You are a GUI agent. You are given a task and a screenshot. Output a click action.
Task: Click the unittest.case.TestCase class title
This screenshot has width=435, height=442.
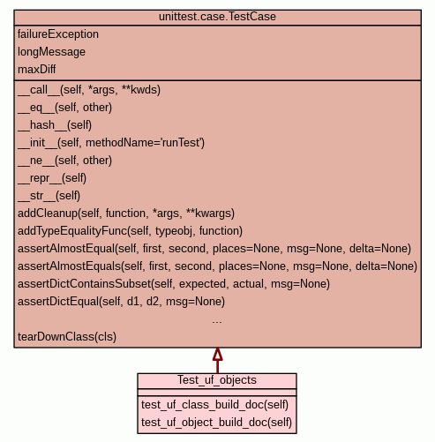coord(217,17)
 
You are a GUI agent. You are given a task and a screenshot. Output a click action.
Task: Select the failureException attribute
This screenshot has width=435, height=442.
coord(58,34)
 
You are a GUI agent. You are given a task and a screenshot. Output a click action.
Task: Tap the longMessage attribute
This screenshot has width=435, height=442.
coord(51,52)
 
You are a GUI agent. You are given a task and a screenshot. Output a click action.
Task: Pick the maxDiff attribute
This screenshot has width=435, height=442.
coord(37,70)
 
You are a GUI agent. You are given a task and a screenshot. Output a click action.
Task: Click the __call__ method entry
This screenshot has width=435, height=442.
coord(89,90)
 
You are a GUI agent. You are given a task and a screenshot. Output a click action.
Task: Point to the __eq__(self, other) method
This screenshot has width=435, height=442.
coord(64,108)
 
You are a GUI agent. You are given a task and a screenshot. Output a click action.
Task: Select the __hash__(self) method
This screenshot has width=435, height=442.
coord(55,125)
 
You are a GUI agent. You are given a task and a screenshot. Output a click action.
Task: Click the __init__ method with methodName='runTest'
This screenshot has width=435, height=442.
coord(111,143)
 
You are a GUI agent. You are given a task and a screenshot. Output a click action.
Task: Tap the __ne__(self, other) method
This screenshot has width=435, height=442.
coord(64,161)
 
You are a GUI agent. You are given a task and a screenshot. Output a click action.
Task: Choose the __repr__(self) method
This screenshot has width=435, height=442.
coord(52,178)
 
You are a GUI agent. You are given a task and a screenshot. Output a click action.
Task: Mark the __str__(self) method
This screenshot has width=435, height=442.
coord(49,196)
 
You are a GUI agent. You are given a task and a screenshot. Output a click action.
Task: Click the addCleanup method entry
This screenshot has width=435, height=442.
coord(126,214)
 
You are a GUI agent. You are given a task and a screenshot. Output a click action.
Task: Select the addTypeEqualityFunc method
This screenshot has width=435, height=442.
coord(130,231)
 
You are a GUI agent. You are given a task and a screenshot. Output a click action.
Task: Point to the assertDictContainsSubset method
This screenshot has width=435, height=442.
coord(174,284)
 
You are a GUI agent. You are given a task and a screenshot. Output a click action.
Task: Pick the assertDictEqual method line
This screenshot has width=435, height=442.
coord(121,302)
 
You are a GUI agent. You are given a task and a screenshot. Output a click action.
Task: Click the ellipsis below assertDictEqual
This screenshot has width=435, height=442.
coord(217,322)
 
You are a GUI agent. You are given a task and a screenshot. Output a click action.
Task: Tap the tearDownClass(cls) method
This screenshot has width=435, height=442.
coord(67,337)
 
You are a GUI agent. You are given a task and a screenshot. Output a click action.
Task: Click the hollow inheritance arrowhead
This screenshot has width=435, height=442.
coord(217,354)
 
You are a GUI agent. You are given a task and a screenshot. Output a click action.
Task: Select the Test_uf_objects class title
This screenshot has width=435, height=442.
coord(217,380)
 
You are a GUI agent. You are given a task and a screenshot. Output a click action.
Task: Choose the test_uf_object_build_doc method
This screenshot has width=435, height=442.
coord(216,423)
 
